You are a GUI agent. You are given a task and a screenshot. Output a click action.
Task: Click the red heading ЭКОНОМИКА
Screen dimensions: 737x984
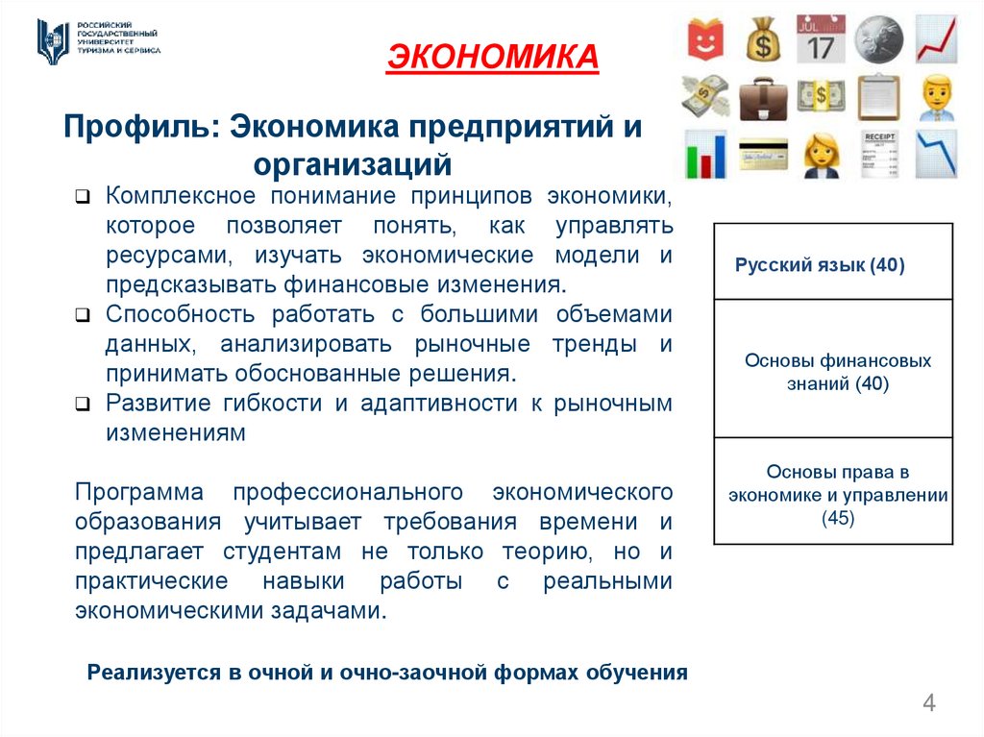(x=492, y=58)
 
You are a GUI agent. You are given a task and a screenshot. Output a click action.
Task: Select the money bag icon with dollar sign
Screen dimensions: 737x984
(x=765, y=38)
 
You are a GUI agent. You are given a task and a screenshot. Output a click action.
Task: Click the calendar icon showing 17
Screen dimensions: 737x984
(x=821, y=38)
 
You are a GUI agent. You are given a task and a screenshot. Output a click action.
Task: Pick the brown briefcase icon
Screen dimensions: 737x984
(x=765, y=95)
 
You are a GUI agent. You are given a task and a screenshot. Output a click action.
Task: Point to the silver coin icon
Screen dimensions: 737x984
(x=877, y=38)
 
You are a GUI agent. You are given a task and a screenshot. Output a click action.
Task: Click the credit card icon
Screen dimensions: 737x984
(x=764, y=153)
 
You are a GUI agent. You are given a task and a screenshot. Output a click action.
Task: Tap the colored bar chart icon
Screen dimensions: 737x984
(x=706, y=153)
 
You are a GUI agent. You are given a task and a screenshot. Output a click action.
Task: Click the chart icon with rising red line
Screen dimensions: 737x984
(x=935, y=38)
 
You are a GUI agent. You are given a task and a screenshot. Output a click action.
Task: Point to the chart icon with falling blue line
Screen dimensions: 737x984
(x=935, y=153)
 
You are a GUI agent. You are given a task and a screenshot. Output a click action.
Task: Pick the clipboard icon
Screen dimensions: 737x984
(x=877, y=95)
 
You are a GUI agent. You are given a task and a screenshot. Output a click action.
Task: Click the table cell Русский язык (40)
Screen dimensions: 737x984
(x=820, y=265)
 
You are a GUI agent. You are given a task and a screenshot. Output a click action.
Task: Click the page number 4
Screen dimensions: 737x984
(x=929, y=702)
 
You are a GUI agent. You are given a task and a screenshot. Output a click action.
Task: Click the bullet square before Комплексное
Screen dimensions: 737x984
(x=84, y=198)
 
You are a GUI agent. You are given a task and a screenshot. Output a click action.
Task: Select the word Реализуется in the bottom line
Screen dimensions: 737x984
(x=153, y=673)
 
